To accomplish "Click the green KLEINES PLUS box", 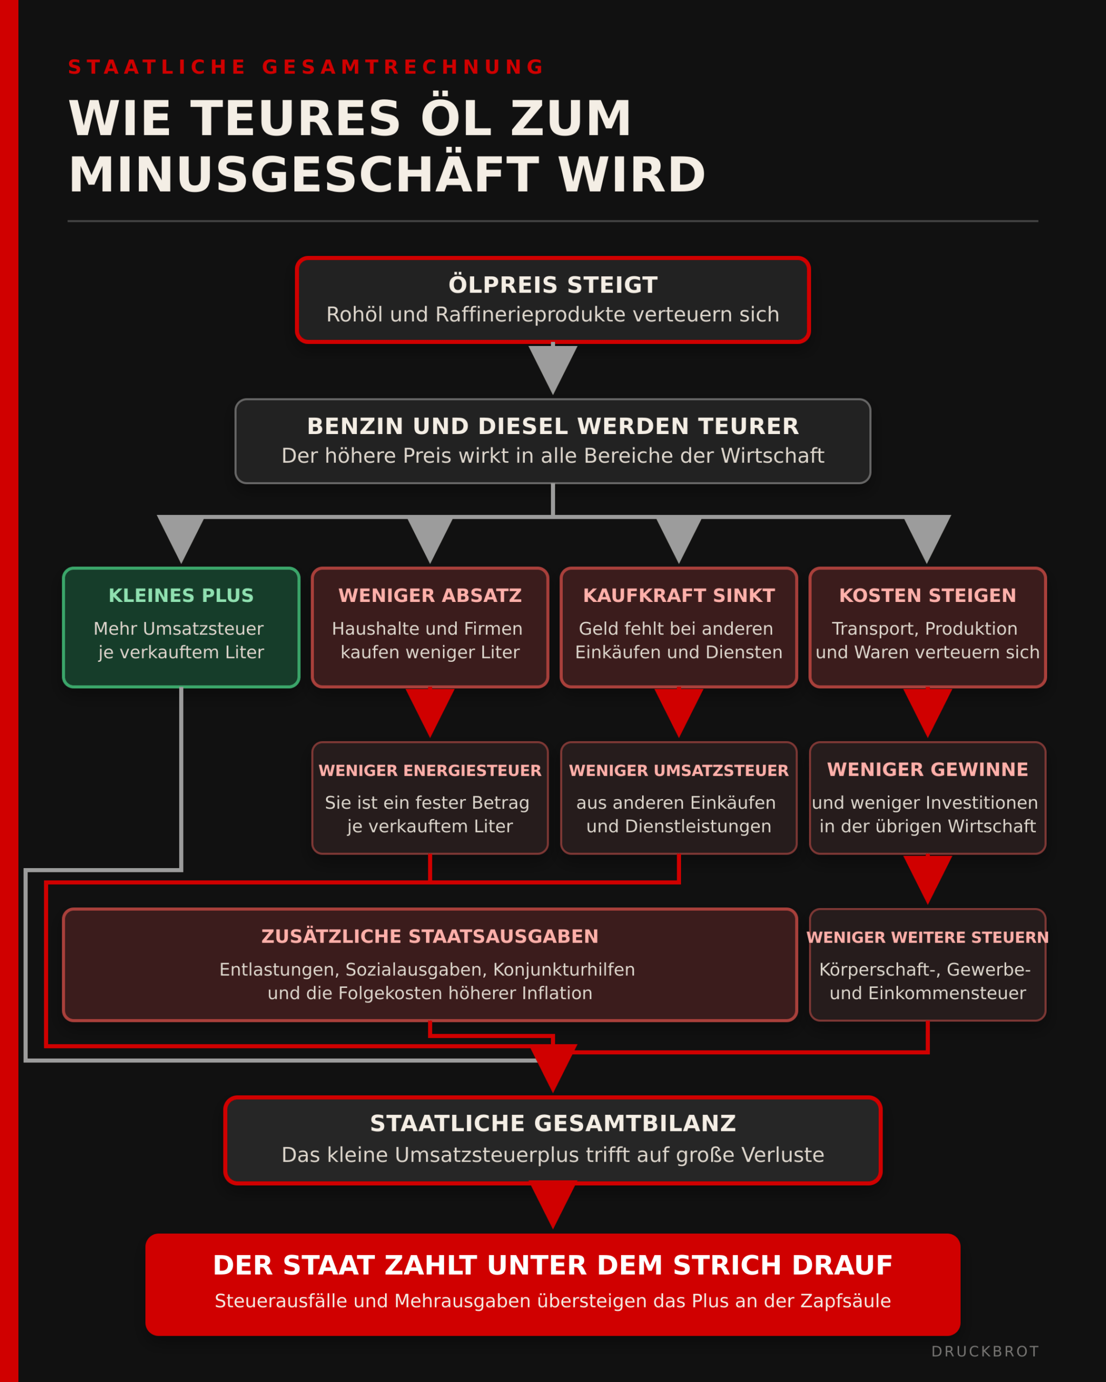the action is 181,627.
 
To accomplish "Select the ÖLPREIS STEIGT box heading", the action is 552,284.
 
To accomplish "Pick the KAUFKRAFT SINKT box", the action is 679,627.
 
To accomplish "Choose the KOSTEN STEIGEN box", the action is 928,627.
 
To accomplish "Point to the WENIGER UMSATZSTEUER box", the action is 679,798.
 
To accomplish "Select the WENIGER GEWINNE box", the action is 928,798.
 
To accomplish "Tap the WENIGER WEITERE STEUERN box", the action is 928,965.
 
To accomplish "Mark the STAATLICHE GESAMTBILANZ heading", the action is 552,1123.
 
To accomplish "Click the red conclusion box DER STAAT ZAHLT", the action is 552,1285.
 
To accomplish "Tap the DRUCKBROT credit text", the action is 985,1352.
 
